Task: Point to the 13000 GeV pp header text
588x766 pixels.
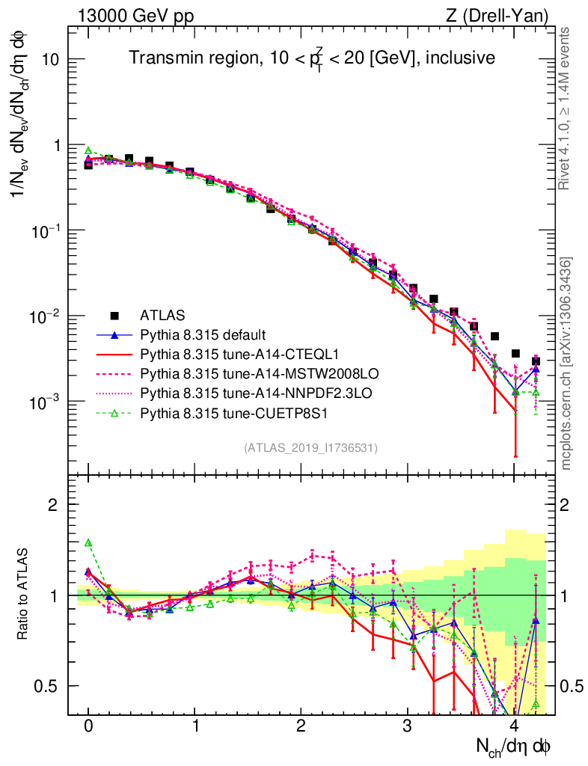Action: point(135,15)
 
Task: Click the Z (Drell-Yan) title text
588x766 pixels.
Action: point(505,15)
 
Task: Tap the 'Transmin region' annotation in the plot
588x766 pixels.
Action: point(310,57)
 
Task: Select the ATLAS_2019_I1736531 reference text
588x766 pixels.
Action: point(310,448)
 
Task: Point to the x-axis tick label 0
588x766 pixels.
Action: point(88,726)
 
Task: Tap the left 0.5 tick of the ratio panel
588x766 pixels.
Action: point(51,686)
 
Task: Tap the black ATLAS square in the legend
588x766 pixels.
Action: point(114,315)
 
